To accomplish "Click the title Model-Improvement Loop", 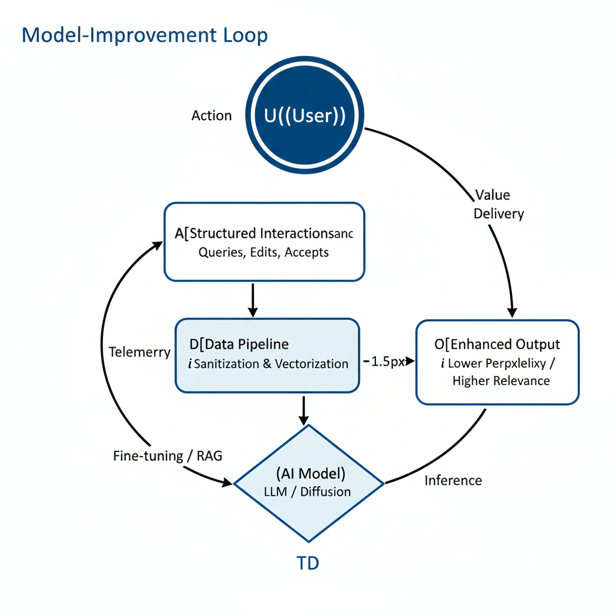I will click(144, 35).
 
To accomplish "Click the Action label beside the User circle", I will click(211, 115).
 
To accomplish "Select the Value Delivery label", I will click(498, 204).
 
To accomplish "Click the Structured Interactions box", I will click(264, 242).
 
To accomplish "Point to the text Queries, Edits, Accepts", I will click(263, 253).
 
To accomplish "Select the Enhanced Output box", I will click(497, 362).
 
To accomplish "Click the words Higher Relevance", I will click(500, 381).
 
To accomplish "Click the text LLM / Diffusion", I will click(307, 491).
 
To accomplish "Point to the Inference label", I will click(453, 480).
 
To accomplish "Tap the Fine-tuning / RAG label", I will click(167, 456).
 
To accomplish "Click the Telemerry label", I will click(140, 352).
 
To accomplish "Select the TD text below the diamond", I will click(308, 564).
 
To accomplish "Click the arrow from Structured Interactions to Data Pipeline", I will click(253, 299).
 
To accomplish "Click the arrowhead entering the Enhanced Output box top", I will click(512, 311).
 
